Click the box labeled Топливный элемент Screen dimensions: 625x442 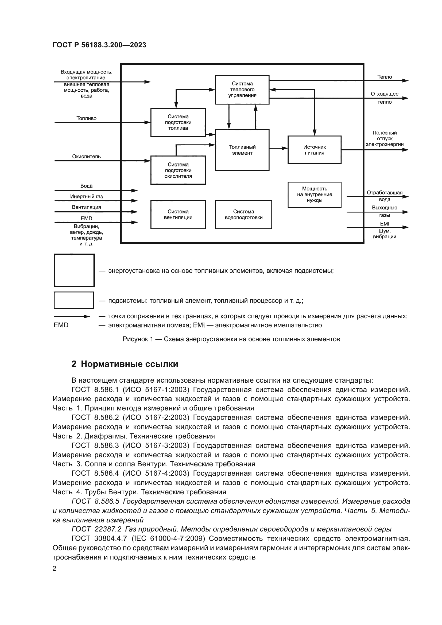pos(242,150)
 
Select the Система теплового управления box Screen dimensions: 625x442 pos(242,90)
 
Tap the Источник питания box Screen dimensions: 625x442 pos(314,150)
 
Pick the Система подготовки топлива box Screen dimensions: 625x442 pos(178,122)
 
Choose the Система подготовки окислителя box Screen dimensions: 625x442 pos(178,170)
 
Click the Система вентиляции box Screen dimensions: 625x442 pos(178,215)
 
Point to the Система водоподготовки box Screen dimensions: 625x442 pos(243,215)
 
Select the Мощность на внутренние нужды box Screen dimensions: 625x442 pos(314,195)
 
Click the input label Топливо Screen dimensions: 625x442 pos(86,118)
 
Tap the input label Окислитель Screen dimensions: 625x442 pos(86,157)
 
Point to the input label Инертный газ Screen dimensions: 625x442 pos(86,197)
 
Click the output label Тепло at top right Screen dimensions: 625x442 pos(384,77)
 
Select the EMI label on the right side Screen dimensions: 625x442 pos(384,224)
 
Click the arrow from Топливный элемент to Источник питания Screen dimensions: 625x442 pos(278,148)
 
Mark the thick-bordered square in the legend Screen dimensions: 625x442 pos(74,270)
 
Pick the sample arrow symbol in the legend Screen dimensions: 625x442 pos(72,317)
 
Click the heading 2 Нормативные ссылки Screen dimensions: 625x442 pos(125,364)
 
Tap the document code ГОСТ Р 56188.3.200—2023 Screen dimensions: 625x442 pos(99,45)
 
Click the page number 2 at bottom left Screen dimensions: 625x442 pos(55,569)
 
